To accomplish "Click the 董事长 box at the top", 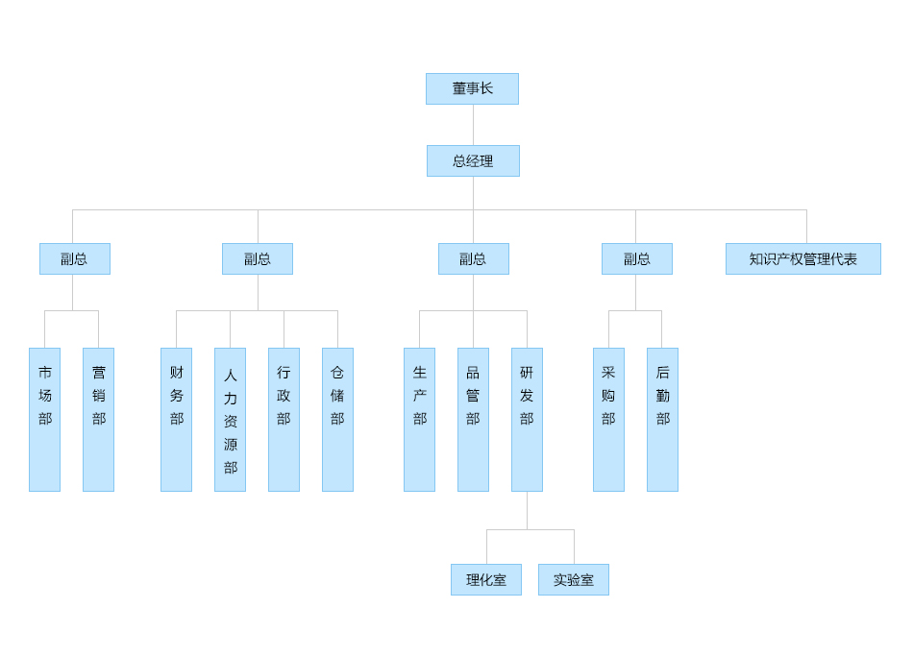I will coord(472,88).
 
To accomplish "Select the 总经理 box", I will coord(473,160).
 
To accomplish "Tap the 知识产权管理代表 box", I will coord(802,258).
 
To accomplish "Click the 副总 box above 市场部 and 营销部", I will coord(74,258).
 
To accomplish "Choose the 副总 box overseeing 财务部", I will coord(257,258).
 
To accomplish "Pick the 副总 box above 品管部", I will coord(473,258).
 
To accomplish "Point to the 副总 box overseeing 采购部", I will coord(636,258).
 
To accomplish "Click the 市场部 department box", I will coord(44,419).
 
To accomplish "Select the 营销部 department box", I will coord(98,419).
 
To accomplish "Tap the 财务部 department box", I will coord(176,419).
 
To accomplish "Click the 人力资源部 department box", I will coord(230,419).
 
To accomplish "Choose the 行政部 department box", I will coord(284,419).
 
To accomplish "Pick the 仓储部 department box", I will coord(337,419).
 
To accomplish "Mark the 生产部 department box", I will coord(419,419).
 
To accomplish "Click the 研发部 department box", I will coord(527,419).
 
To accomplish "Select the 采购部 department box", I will coord(608,419).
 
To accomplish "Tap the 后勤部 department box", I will coord(662,419).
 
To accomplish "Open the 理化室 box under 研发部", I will coord(485,579).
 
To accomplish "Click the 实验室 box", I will coord(573,579).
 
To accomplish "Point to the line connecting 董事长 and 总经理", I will coord(473,125).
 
